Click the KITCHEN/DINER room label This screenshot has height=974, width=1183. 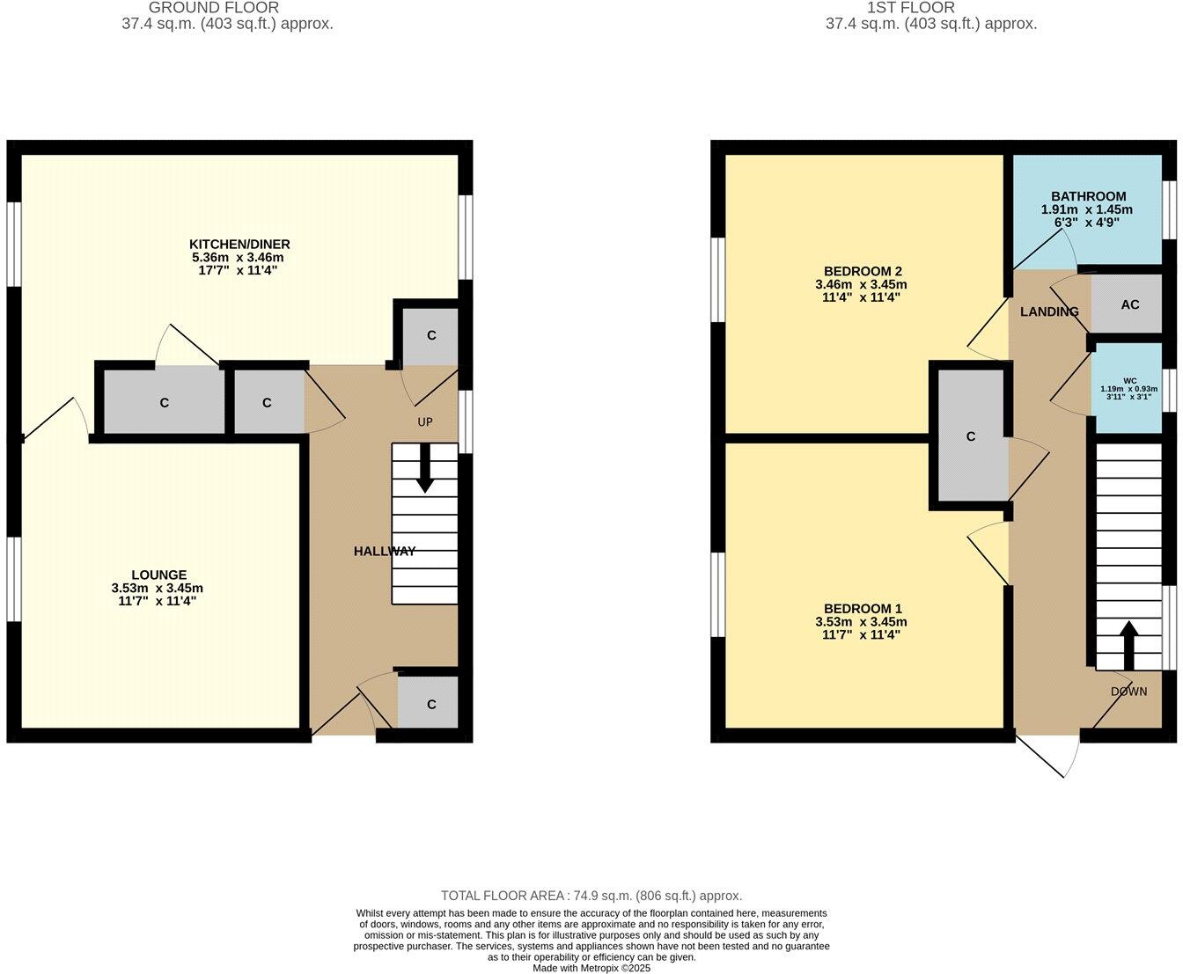pyautogui.click(x=239, y=244)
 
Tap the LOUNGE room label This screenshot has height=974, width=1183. pyautogui.click(x=159, y=575)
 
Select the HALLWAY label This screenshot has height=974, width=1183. pyautogui.click(x=384, y=552)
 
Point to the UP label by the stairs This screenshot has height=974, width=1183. pyautogui.click(x=425, y=422)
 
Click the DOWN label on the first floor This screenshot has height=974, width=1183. pyautogui.click(x=1128, y=692)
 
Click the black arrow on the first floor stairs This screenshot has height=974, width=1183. pyautogui.click(x=1128, y=646)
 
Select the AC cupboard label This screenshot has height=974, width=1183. pyautogui.click(x=1129, y=304)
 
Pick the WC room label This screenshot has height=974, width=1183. pyautogui.click(x=1129, y=381)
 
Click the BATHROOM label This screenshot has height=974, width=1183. pyautogui.click(x=1088, y=196)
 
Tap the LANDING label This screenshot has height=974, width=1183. pyautogui.click(x=1048, y=311)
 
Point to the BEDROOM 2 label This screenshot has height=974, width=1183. pyautogui.click(x=863, y=271)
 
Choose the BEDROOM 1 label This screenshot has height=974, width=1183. pyautogui.click(x=863, y=608)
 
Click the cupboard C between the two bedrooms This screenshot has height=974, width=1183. pyautogui.click(x=971, y=436)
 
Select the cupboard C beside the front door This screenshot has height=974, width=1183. pyautogui.click(x=431, y=705)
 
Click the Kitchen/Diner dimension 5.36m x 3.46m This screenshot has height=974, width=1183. pyautogui.click(x=239, y=257)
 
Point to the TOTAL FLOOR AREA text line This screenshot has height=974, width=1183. pyautogui.click(x=591, y=896)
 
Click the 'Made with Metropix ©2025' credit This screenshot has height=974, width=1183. pyautogui.click(x=591, y=968)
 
